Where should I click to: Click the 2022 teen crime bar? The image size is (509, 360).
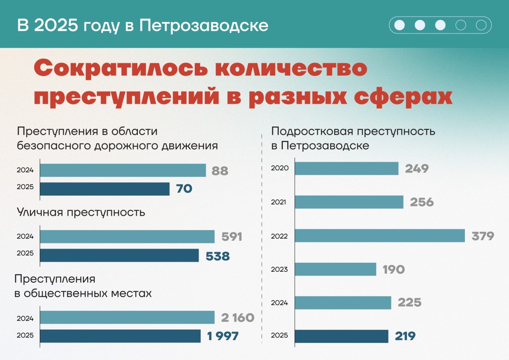click(380, 236)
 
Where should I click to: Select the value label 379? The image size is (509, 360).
click(483, 236)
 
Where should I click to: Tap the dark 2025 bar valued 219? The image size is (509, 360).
click(341, 336)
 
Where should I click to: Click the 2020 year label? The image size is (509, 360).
click(280, 168)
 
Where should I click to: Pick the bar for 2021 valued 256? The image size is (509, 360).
click(349, 202)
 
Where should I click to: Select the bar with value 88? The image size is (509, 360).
click(123, 171)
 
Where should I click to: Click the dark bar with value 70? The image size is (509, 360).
click(105, 189)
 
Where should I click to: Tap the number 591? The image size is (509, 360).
click(232, 237)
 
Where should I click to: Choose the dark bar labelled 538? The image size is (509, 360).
click(119, 256)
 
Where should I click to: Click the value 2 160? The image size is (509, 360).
click(238, 318)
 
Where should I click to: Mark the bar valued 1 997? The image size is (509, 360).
click(120, 336)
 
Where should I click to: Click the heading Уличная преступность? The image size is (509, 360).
click(81, 212)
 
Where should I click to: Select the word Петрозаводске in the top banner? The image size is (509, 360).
click(204, 25)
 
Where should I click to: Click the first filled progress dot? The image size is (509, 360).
click(400, 25)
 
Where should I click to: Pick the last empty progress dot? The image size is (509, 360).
click(481, 25)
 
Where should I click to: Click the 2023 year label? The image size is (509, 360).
click(280, 270)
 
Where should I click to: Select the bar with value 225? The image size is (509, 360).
click(343, 303)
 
